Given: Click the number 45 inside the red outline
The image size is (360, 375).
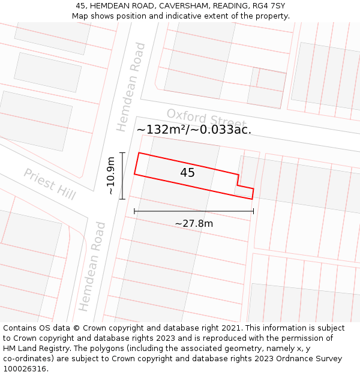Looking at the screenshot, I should point(187,173).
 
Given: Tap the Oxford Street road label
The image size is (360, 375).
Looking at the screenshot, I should point(206,119).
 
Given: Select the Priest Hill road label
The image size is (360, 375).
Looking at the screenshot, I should point(49,184).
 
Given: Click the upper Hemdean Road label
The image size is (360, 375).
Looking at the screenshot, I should point(131,87).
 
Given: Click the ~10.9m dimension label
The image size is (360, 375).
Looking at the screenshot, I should point(110,175).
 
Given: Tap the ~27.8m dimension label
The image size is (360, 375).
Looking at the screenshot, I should point(194,224).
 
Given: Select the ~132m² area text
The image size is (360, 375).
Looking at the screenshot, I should point(161,130).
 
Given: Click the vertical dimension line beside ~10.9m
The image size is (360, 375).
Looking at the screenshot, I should point(122,175).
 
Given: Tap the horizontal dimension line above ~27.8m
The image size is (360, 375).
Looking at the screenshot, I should point(194,211).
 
